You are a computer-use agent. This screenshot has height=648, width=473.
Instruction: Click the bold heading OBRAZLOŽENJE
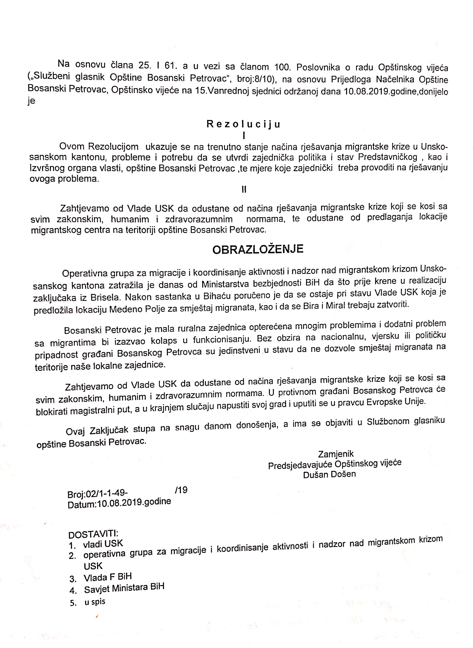[x=258, y=249]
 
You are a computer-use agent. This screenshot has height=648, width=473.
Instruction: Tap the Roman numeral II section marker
[x=244, y=189]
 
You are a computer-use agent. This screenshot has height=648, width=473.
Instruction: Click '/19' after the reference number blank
[x=181, y=490]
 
